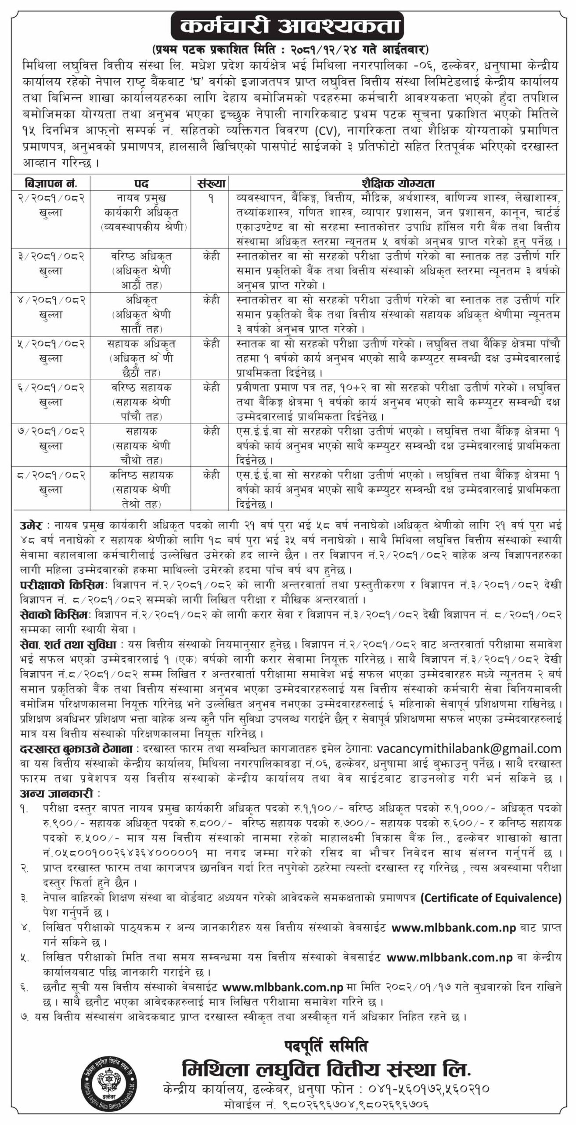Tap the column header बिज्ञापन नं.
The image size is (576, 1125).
[51, 183]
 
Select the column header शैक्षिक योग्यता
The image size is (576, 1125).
[398, 183]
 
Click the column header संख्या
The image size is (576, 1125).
[211, 183]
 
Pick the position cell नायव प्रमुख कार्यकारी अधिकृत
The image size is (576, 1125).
[141, 212]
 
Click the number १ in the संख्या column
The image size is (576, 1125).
[211, 199]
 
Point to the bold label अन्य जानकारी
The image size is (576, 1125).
[57, 794]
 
